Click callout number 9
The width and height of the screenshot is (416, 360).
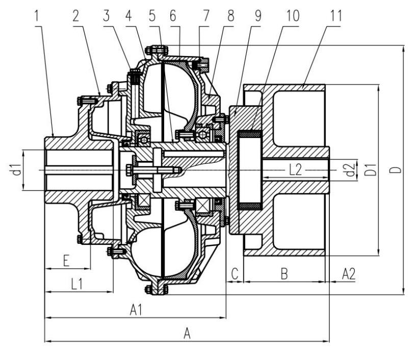(258, 16)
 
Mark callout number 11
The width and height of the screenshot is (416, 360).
(335, 16)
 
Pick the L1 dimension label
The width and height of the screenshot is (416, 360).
(77, 285)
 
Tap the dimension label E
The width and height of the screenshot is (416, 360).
(66, 261)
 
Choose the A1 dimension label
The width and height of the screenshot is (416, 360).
(135, 310)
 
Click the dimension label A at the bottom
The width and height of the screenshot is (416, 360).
(187, 334)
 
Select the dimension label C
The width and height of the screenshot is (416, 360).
(235, 274)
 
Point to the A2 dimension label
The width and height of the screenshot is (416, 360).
(349, 274)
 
